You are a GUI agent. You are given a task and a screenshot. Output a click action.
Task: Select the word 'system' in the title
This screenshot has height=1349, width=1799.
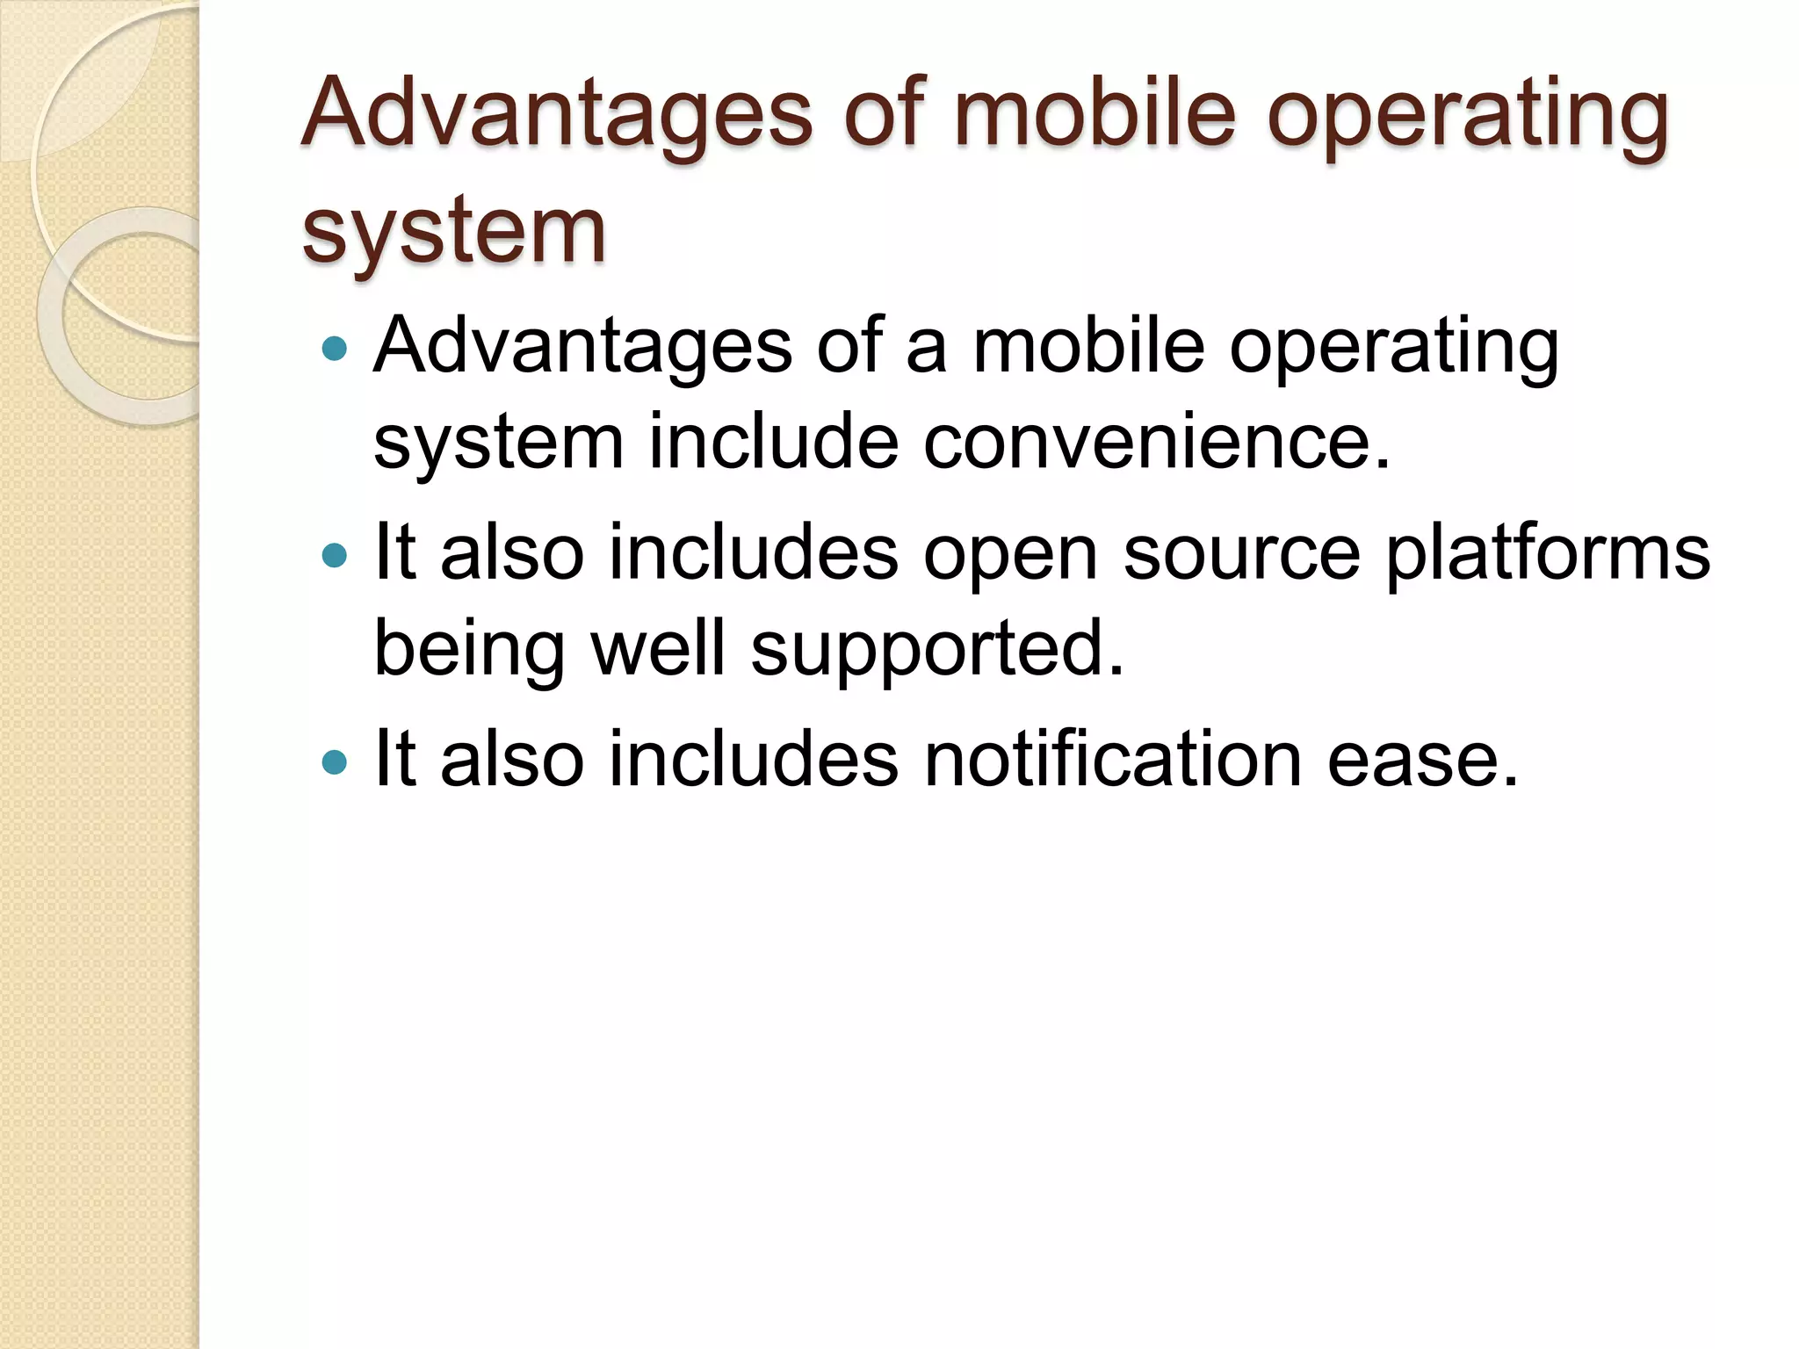[x=453, y=230]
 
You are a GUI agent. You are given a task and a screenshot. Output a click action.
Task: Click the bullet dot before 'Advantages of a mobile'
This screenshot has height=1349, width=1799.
[x=335, y=350]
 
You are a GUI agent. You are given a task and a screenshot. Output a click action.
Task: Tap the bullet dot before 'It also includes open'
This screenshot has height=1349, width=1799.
[x=335, y=555]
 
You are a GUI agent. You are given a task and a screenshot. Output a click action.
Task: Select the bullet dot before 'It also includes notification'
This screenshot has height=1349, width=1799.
[x=335, y=761]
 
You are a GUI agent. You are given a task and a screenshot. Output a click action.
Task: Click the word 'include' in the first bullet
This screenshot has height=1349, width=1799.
[x=773, y=441]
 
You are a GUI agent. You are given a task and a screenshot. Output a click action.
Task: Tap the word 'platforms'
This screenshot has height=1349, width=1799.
[x=1548, y=555]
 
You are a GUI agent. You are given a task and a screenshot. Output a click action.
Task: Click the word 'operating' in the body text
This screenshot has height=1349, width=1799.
[x=1393, y=350]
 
